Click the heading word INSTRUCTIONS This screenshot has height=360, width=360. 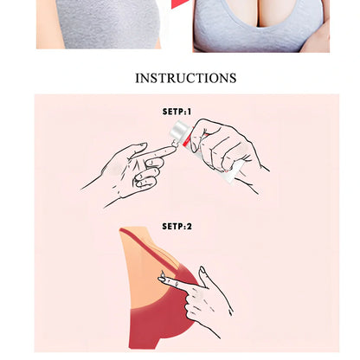click(x=186, y=78)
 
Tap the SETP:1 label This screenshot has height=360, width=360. click(x=177, y=112)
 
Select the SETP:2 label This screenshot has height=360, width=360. click(x=177, y=227)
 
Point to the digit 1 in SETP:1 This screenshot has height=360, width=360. click(x=189, y=112)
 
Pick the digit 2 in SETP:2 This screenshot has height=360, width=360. click(x=189, y=227)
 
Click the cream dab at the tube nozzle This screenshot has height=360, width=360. click(x=174, y=143)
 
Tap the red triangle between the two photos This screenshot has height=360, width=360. click(x=179, y=3)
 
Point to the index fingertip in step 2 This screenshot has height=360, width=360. click(x=163, y=279)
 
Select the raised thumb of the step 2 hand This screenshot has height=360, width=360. click(x=204, y=276)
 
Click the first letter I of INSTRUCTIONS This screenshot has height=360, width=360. click(x=138, y=78)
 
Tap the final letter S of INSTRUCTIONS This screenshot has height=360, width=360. click(x=233, y=78)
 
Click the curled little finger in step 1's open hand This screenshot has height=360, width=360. click(x=145, y=183)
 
